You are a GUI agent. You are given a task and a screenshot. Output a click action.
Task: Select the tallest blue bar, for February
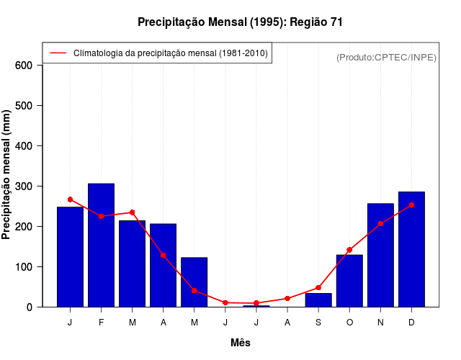pyautogui.click(x=101, y=245)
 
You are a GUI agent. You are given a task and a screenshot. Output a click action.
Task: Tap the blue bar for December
pyautogui.click(x=411, y=249)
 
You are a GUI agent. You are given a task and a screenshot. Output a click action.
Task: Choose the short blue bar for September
pyautogui.click(x=318, y=300)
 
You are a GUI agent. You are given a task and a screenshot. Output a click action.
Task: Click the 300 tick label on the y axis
pyautogui.click(x=24, y=186)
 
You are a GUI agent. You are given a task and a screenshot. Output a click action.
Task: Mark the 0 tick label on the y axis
pyautogui.click(x=30, y=307)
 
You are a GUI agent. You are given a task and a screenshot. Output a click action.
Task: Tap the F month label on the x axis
pyautogui.click(x=101, y=323)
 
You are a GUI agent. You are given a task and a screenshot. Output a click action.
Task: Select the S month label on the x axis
pyautogui.click(x=318, y=323)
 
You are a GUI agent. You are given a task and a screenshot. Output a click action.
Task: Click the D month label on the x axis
pyautogui.click(x=411, y=323)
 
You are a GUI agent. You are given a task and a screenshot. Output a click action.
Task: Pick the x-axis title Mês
pyautogui.click(x=241, y=343)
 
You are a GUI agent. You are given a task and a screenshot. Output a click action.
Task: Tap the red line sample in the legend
pyautogui.click(x=58, y=53)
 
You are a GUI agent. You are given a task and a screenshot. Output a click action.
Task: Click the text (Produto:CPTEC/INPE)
pyautogui.click(x=386, y=58)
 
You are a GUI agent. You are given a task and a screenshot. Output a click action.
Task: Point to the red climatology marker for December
pyautogui.click(x=411, y=205)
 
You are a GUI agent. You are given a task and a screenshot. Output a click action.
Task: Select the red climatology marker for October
pyautogui.click(x=349, y=250)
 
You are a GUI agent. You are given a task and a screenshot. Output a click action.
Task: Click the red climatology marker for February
pyautogui.click(x=101, y=216)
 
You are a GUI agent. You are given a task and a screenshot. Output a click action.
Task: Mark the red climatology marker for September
pyautogui.click(x=318, y=288)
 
